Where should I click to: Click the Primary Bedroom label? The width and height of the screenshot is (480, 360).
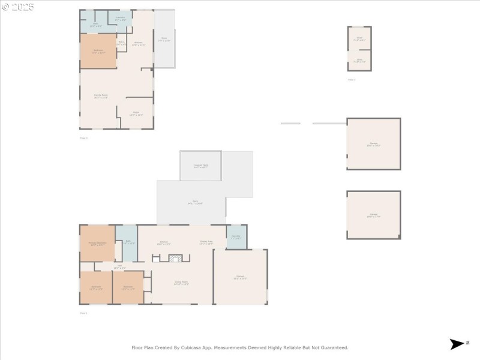97,243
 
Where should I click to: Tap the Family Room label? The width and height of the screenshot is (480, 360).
101,96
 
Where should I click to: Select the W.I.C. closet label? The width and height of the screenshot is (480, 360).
121,43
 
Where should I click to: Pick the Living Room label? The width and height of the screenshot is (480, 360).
181,283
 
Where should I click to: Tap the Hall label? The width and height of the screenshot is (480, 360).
121,267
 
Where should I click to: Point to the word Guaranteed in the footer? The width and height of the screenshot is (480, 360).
334,347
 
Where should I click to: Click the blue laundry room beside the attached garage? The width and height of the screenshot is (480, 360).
236,237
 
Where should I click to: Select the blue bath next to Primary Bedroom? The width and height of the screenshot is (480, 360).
127,243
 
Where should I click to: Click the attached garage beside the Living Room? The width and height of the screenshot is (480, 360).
240,277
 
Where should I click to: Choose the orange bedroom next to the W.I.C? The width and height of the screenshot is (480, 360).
98,52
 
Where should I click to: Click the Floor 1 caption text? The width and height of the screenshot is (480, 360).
83,313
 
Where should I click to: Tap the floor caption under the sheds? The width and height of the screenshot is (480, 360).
352,79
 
